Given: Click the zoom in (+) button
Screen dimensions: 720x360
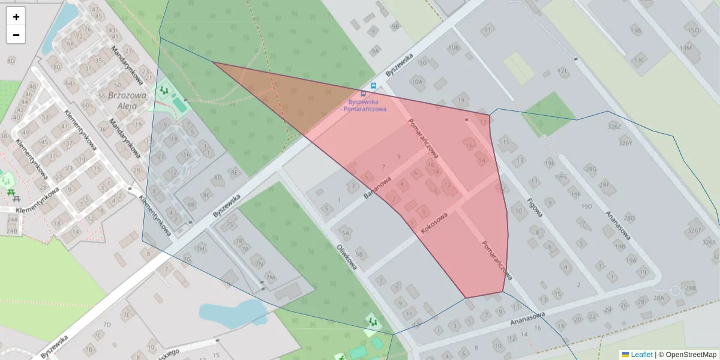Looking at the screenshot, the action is click(x=16, y=17).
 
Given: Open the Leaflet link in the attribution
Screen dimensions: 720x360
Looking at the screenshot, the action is click(x=641, y=355).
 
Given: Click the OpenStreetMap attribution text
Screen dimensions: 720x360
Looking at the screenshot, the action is click(x=691, y=355).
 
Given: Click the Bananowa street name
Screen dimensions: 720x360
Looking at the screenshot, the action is click(x=377, y=188).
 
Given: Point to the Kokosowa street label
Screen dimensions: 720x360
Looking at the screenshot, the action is click(x=434, y=223).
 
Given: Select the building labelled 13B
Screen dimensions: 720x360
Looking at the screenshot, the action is click(x=635, y=30).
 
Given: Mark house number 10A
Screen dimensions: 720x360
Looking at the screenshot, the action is click(x=417, y=82).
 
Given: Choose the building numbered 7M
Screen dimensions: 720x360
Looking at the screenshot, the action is click(x=270, y=277).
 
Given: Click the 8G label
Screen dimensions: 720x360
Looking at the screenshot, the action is click(x=11, y=60).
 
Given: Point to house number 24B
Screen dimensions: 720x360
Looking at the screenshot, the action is click(x=12, y=230).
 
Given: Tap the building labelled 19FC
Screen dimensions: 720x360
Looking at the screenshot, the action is click(x=561, y=176).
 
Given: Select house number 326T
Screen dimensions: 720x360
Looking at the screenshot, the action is click(x=695, y=230).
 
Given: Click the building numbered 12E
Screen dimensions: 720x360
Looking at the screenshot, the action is click(x=562, y=71).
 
